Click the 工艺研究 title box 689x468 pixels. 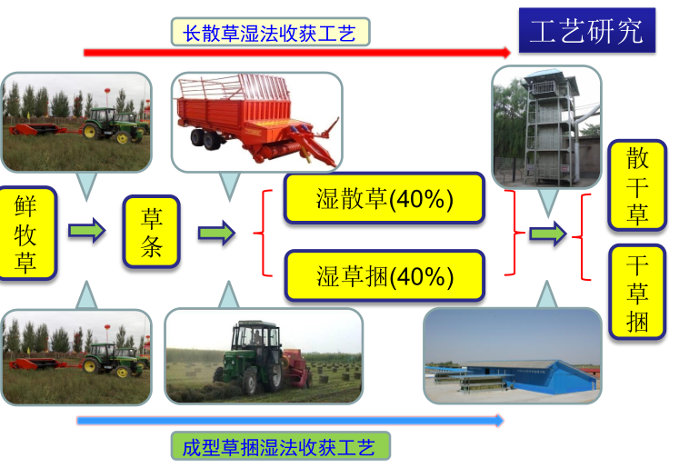coord(587,30)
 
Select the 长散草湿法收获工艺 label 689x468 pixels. coord(270,32)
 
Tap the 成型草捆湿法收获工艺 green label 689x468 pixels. coord(280,446)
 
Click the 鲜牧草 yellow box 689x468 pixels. coord(26,233)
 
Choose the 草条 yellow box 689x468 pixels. coord(152,232)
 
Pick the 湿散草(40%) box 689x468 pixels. coord(384,198)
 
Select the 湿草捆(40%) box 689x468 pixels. coord(384,275)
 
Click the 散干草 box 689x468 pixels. coord(637,185)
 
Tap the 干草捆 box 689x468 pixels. coord(637,292)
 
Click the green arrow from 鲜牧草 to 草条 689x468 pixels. coord(87,230)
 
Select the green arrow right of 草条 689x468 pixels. coord(216,233)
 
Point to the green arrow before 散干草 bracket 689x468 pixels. coord(548,234)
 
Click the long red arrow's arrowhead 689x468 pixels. coord(506,53)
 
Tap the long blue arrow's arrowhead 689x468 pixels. coord(500,421)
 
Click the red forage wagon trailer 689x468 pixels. coord(257,121)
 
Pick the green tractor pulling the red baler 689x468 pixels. coord(252,357)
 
